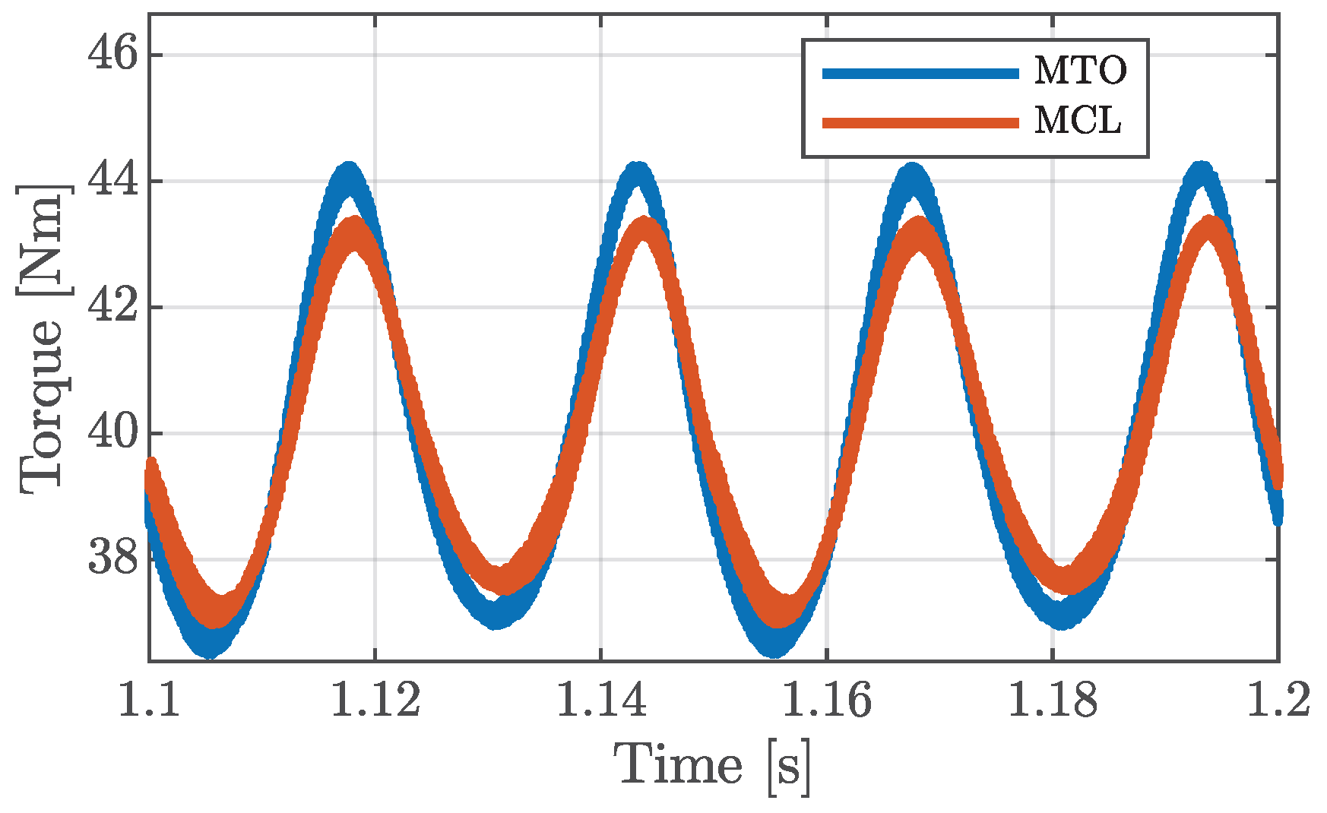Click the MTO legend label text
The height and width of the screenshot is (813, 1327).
pyautogui.click(x=1079, y=72)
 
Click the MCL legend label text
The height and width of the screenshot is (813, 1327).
pyautogui.click(x=1077, y=122)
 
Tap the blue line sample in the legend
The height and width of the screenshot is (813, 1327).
pyautogui.click(x=920, y=73)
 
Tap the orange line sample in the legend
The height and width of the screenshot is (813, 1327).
pyautogui.click(x=920, y=122)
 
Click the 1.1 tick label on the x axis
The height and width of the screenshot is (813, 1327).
pyautogui.click(x=149, y=700)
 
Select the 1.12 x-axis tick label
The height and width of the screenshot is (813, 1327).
pyautogui.click(x=375, y=700)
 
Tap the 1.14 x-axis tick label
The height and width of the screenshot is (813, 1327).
pyautogui.click(x=601, y=700)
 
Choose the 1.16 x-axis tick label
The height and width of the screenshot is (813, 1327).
pyautogui.click(x=827, y=700)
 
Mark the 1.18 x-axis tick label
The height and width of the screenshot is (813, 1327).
pyautogui.click(x=1053, y=700)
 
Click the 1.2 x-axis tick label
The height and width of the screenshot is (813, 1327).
pyautogui.click(x=1279, y=700)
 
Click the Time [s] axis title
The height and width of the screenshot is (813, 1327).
pyautogui.click(x=713, y=766)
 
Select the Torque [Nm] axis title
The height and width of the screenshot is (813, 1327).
pyautogui.click(x=42, y=340)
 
